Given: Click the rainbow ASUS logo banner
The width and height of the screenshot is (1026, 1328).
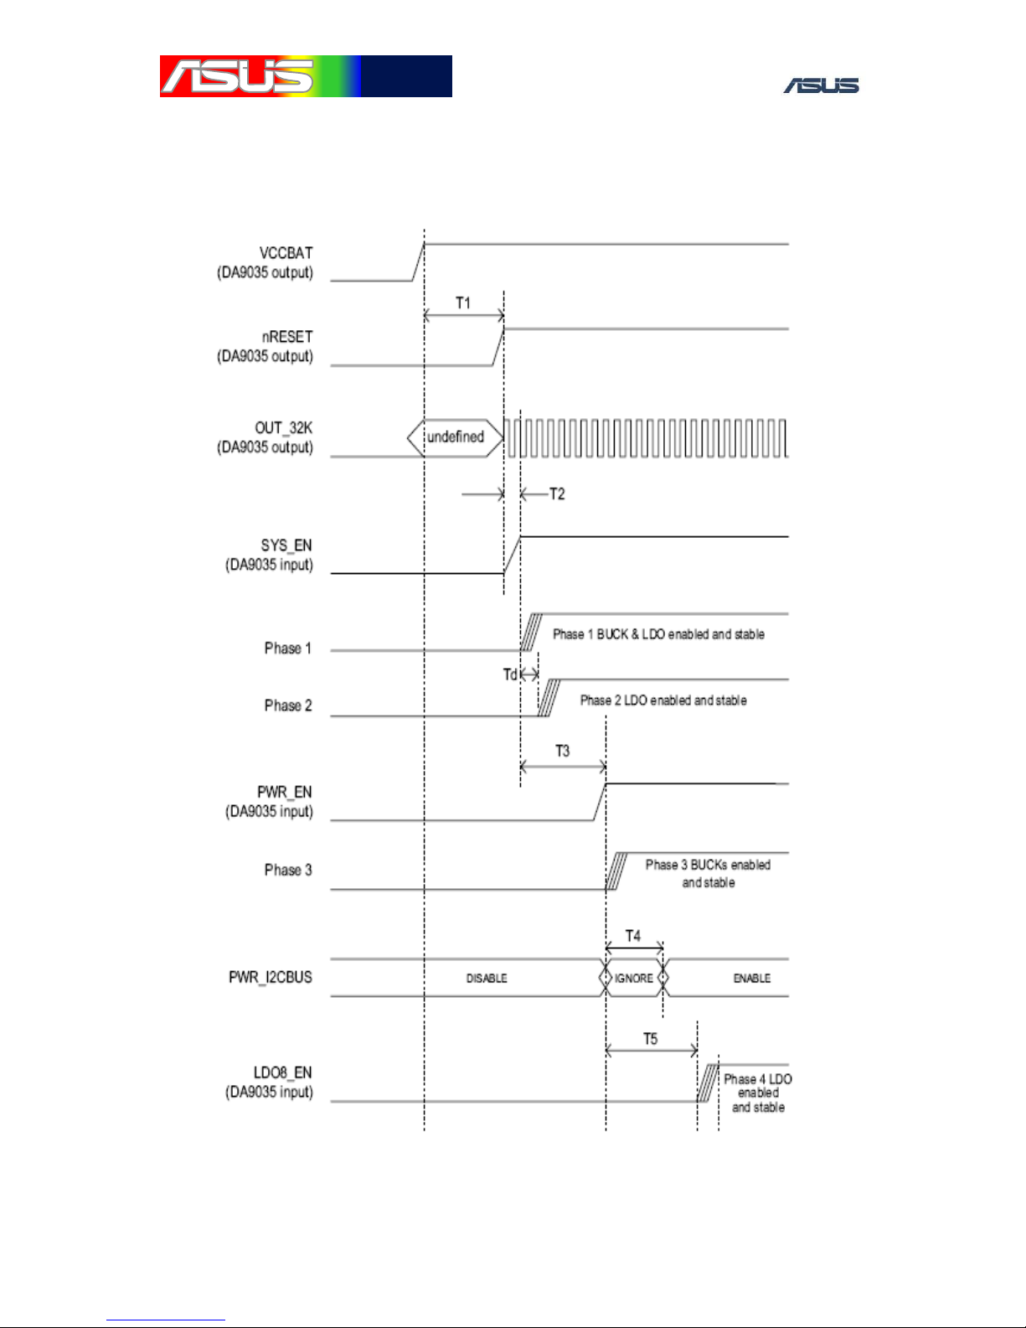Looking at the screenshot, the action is (x=306, y=76).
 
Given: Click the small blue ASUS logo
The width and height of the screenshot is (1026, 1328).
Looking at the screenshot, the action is (x=822, y=85).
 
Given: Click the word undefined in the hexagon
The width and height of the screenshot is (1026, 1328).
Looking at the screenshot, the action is (x=456, y=437).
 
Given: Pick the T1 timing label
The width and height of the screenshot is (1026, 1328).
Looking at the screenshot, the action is (x=463, y=303).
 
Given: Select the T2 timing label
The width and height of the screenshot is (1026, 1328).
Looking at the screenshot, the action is (x=557, y=493).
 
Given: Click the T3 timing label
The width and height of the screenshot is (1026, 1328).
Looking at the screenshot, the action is (x=563, y=751).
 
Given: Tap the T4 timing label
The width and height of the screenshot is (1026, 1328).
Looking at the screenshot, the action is (x=632, y=936).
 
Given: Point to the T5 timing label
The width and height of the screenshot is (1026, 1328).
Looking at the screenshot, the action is (x=651, y=1040).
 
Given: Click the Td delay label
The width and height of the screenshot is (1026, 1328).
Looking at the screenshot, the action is (x=510, y=674).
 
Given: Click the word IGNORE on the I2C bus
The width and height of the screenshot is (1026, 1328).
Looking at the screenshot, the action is (x=634, y=979).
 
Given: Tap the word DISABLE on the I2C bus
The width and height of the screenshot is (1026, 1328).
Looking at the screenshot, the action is (x=487, y=979).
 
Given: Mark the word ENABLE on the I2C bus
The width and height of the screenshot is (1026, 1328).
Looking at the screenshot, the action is (x=752, y=979).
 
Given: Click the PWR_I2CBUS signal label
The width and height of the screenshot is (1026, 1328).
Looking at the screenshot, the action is (x=271, y=977).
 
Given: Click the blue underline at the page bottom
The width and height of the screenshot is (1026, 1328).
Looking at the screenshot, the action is (x=166, y=1320).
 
